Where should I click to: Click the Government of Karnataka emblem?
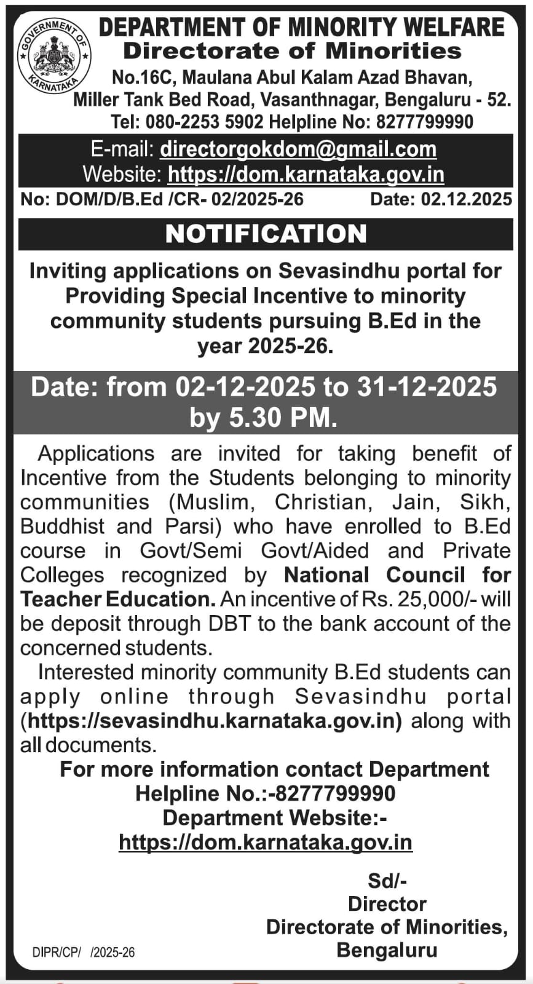click(55, 56)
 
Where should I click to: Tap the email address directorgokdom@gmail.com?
click(298, 149)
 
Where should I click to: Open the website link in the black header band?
click(306, 175)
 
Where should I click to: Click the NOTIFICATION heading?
click(266, 234)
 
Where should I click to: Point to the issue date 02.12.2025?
click(466, 199)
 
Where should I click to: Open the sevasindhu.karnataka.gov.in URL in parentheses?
click(211, 721)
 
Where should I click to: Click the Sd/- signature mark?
click(387, 881)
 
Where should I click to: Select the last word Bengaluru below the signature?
click(387, 950)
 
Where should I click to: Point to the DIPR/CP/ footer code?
click(57, 953)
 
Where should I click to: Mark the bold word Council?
click(425, 575)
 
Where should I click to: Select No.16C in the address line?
click(144, 77)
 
